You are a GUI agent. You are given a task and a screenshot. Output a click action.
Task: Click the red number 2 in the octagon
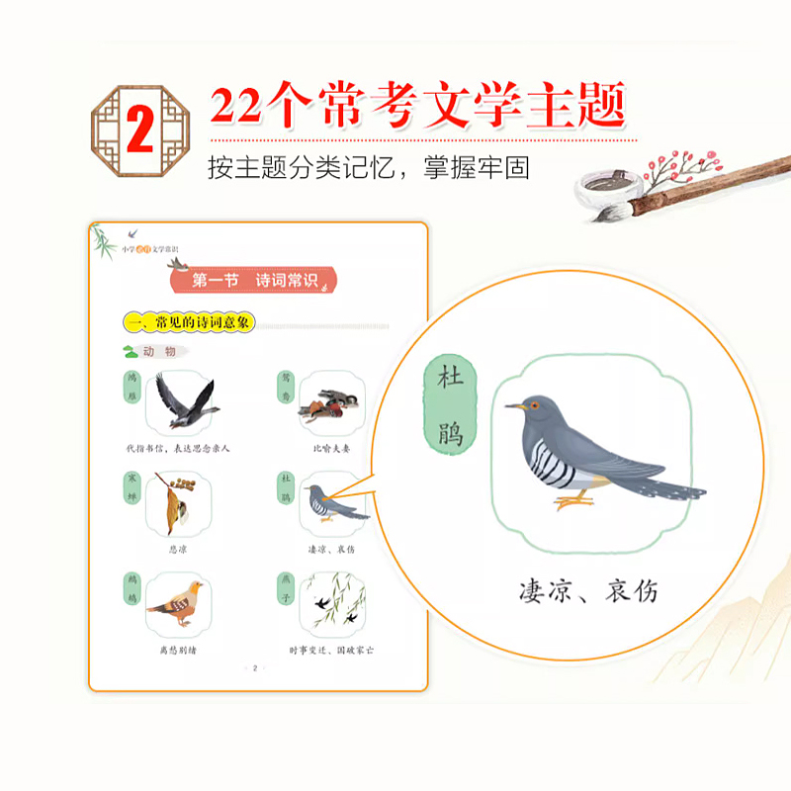point(140,130)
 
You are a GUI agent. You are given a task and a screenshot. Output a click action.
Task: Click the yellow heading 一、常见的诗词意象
point(189,322)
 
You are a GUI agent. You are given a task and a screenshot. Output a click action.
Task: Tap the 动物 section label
point(157,351)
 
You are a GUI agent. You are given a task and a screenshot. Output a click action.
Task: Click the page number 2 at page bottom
point(255,669)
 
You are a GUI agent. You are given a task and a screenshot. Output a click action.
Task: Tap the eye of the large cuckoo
point(535,404)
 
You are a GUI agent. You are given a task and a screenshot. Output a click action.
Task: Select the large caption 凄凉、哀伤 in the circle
point(587,590)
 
